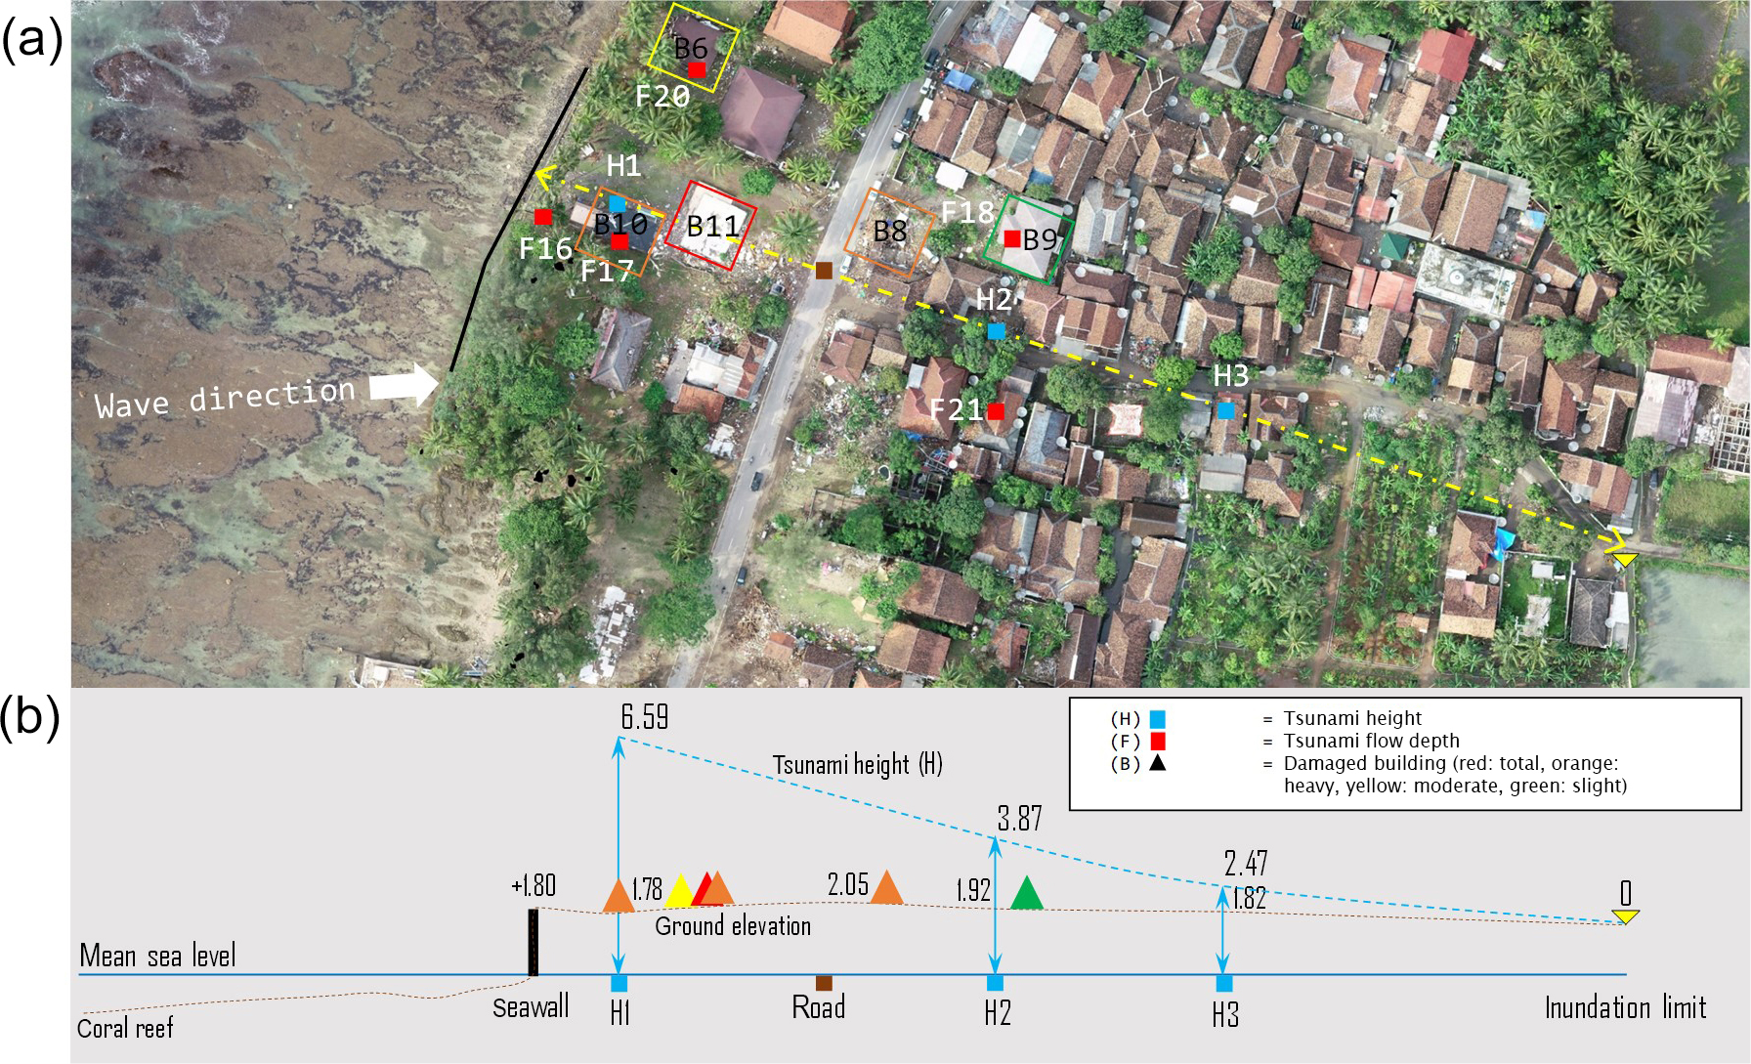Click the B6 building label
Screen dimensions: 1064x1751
pos(691,48)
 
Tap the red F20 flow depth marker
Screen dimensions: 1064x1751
pos(697,70)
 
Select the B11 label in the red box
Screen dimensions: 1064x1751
pos(713,227)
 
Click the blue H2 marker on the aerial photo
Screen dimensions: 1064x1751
pos(996,331)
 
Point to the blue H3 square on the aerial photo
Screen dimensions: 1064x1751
pos(1225,411)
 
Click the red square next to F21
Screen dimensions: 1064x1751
pos(996,411)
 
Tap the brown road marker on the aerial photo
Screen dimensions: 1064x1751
pos(824,271)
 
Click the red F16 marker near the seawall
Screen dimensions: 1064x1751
pos(543,216)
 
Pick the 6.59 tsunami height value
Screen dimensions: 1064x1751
pos(645,718)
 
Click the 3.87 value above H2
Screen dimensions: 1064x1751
pos(1020,819)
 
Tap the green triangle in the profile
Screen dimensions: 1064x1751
pos(1027,894)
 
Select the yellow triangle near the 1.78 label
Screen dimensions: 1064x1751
pos(678,892)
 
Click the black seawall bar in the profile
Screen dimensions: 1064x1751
pos(533,943)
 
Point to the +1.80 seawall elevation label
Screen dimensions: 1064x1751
pos(533,886)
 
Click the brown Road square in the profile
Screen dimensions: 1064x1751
pos(824,983)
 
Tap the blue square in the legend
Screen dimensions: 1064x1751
pos(1158,719)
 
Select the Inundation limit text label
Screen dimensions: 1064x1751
pos(1625,1008)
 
